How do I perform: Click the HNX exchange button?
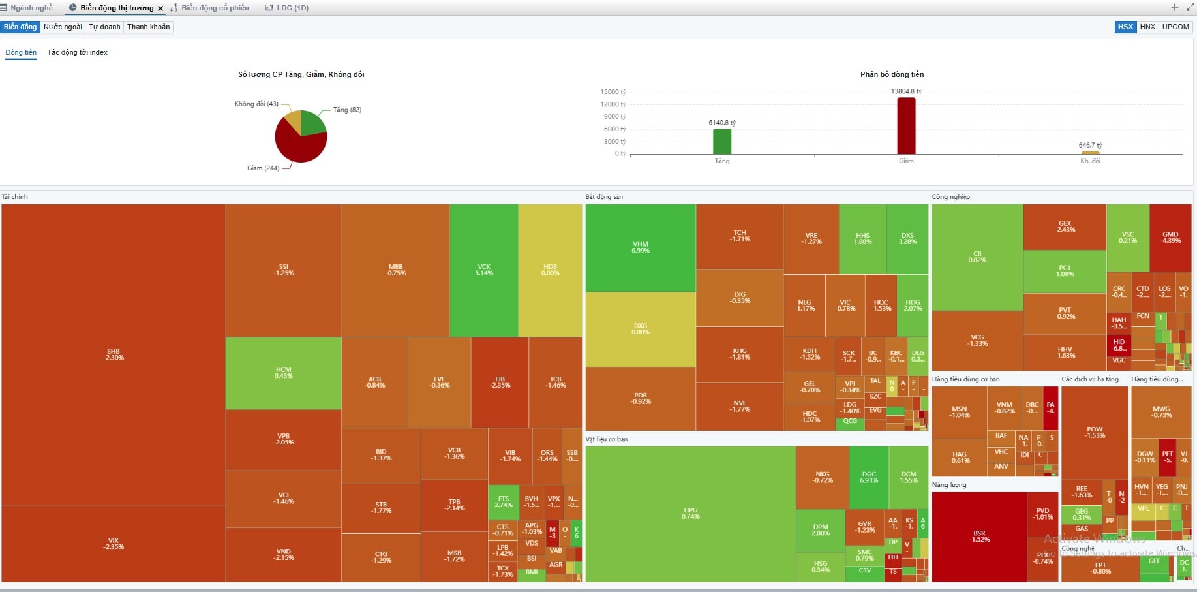click(1147, 27)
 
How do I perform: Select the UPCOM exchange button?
click(1175, 27)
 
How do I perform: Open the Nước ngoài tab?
click(63, 27)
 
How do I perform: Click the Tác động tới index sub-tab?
click(77, 52)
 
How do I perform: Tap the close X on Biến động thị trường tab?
click(160, 8)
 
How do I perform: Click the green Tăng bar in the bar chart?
click(722, 141)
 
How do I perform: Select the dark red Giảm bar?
click(906, 125)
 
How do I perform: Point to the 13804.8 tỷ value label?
click(906, 91)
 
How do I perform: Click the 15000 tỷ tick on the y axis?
click(613, 92)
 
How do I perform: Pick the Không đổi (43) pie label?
click(256, 104)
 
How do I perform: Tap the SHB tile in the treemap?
click(114, 354)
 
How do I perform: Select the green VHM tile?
click(641, 247)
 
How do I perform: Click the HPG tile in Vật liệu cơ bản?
click(690, 513)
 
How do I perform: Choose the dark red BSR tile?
click(979, 536)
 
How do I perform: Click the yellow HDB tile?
click(550, 270)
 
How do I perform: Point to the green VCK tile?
click(483, 270)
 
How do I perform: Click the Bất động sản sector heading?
click(604, 196)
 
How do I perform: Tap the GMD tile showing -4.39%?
click(1170, 237)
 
